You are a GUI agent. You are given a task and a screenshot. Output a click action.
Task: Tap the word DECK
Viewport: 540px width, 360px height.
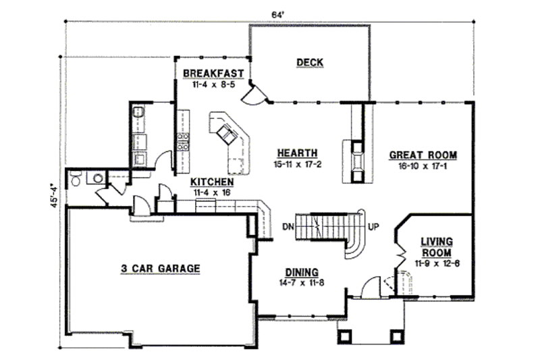point(310,63)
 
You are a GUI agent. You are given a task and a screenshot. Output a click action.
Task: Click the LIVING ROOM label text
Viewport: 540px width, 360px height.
point(437,247)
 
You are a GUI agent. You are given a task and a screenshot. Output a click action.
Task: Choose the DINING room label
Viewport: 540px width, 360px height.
point(301,272)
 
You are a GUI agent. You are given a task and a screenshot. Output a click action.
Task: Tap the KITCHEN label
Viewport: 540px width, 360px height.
point(212,182)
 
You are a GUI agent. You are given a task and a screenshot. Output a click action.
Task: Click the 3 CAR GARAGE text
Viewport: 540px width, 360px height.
point(160,268)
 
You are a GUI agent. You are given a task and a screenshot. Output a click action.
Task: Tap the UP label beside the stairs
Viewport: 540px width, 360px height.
point(372,226)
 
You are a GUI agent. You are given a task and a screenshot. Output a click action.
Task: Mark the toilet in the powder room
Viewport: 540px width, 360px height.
point(76,179)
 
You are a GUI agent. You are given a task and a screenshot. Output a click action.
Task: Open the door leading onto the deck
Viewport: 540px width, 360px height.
point(255,97)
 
